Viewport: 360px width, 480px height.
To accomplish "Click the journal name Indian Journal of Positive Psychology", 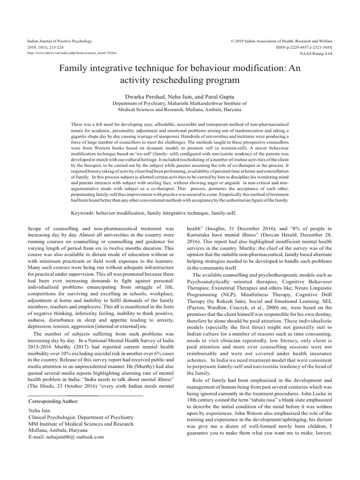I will pos(60,42).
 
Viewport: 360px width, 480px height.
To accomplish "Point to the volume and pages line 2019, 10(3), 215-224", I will pos(47,48).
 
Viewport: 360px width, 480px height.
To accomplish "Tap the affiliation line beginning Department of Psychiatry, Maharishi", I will pos(180,103).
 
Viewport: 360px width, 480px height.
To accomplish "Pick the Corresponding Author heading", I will pos(53,402).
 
